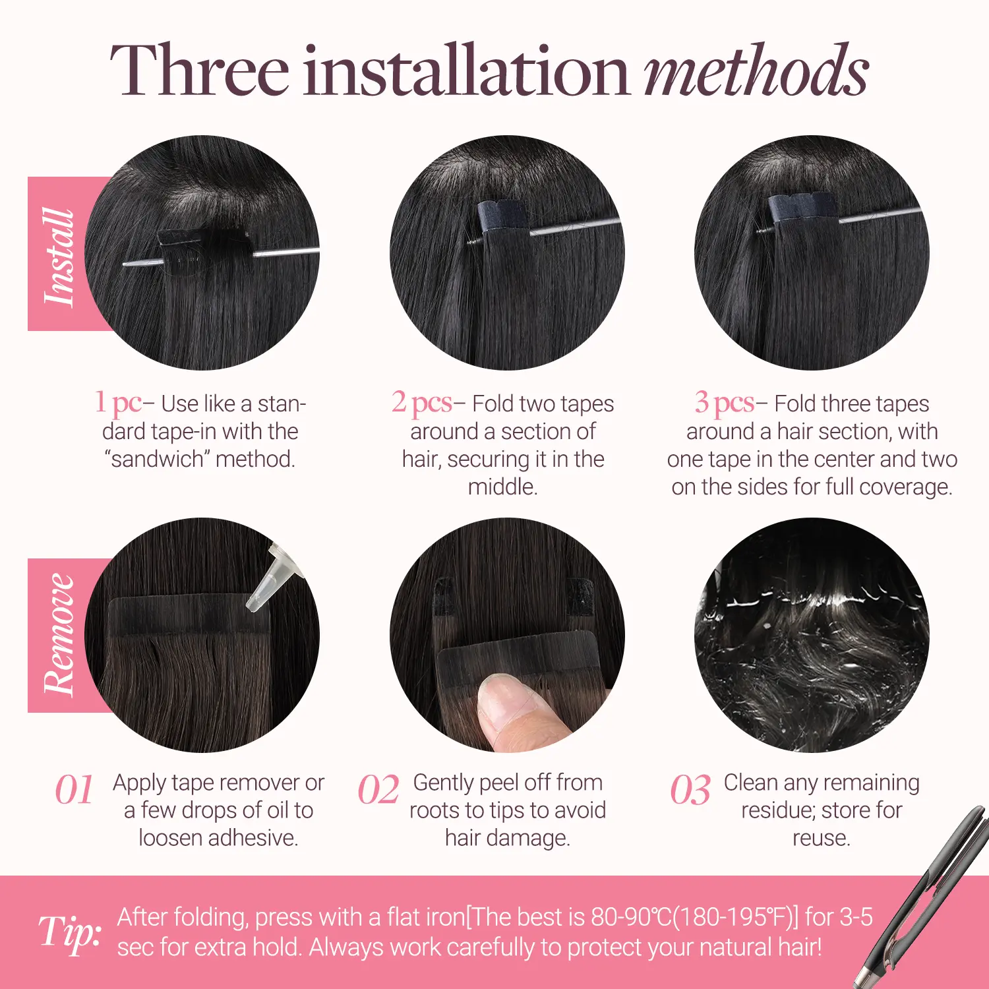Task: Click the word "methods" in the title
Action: (x=756, y=70)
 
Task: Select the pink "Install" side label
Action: (x=58, y=254)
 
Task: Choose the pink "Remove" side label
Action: (x=58, y=635)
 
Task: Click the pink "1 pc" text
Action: (x=118, y=402)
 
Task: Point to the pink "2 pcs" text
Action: (x=422, y=402)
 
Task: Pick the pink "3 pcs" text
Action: (x=725, y=402)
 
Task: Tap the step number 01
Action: (x=74, y=790)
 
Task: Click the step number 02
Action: (x=378, y=790)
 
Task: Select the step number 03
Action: (x=690, y=790)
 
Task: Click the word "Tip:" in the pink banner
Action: (x=70, y=932)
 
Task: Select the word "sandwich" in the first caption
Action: (x=158, y=459)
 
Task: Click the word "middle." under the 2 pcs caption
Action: (x=503, y=487)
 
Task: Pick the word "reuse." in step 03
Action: (x=822, y=838)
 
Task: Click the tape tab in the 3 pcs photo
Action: (x=802, y=210)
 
